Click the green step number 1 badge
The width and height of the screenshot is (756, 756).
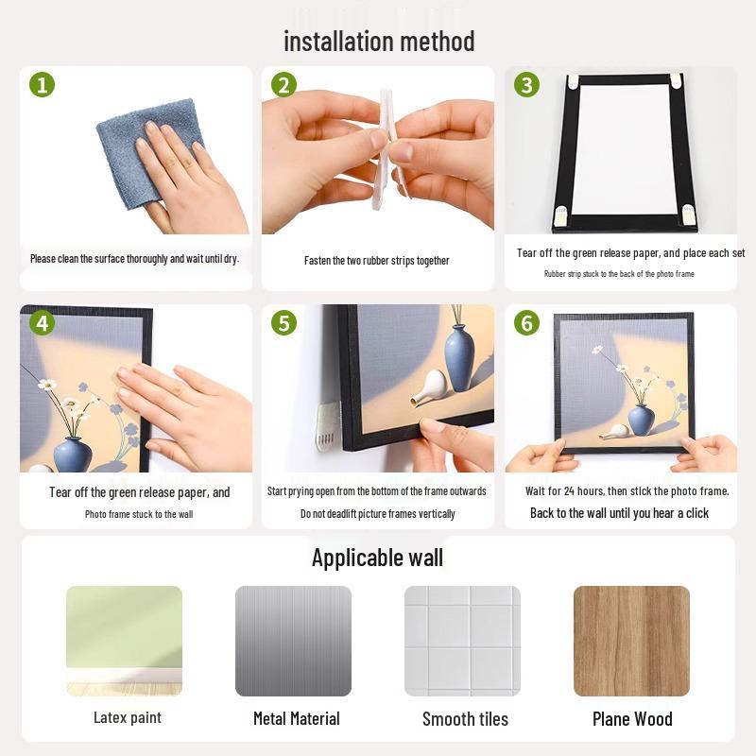42,85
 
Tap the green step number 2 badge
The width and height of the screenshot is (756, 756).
284,85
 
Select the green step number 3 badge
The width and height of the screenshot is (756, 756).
526,85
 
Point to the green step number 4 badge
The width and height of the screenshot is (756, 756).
42,323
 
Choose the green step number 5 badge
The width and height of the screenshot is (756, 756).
284,323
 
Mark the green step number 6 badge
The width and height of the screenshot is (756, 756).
526,323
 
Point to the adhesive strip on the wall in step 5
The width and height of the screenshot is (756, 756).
328,427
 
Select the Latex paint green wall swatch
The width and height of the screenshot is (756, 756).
125,641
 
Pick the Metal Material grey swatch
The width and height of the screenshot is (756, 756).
293,641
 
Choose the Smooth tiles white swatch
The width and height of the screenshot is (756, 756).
462,641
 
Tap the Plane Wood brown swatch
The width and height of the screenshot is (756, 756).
631,641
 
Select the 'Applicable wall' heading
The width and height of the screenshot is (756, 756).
377,558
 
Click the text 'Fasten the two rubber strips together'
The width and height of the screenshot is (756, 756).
376,261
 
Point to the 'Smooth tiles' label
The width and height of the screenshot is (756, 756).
465,719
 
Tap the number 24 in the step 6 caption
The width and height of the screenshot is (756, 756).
569,491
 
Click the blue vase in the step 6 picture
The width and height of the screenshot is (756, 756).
641,420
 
